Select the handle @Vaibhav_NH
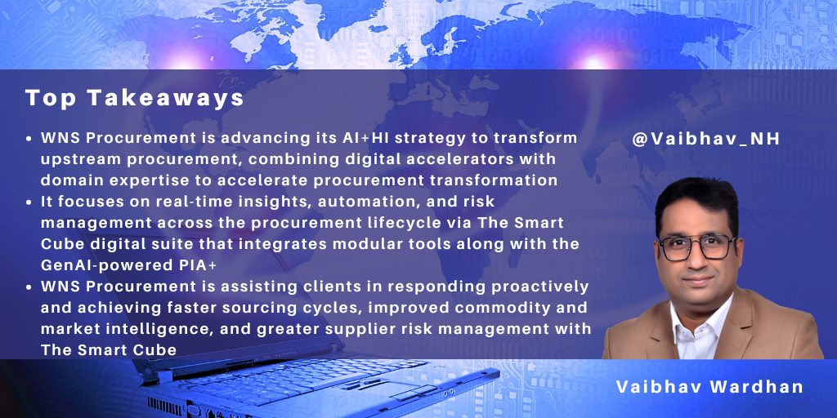pos(706,139)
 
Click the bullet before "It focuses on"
pos(30,202)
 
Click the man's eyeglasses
pos(696,247)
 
